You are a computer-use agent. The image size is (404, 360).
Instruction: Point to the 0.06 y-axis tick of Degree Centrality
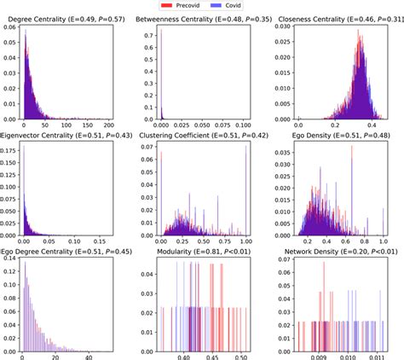pos(9,28)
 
